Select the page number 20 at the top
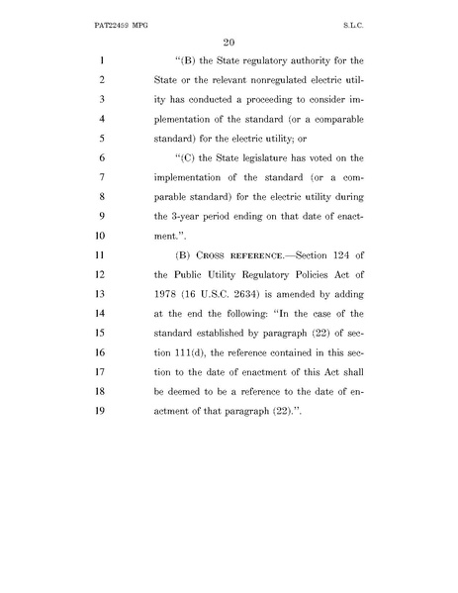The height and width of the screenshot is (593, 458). point(229,41)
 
